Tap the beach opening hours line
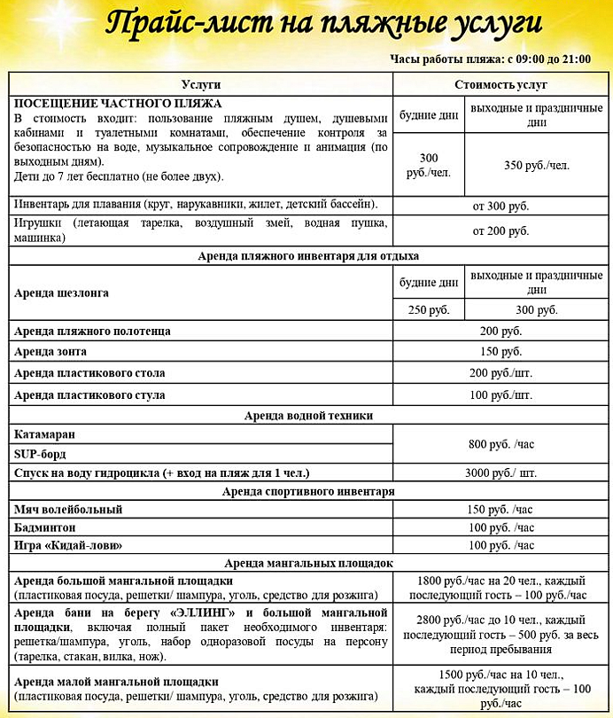(490, 59)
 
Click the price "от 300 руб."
(500, 206)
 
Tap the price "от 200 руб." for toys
(500, 230)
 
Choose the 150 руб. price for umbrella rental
(500, 352)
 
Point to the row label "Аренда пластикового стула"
(89, 394)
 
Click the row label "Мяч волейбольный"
(68, 510)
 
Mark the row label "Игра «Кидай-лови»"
(67, 545)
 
